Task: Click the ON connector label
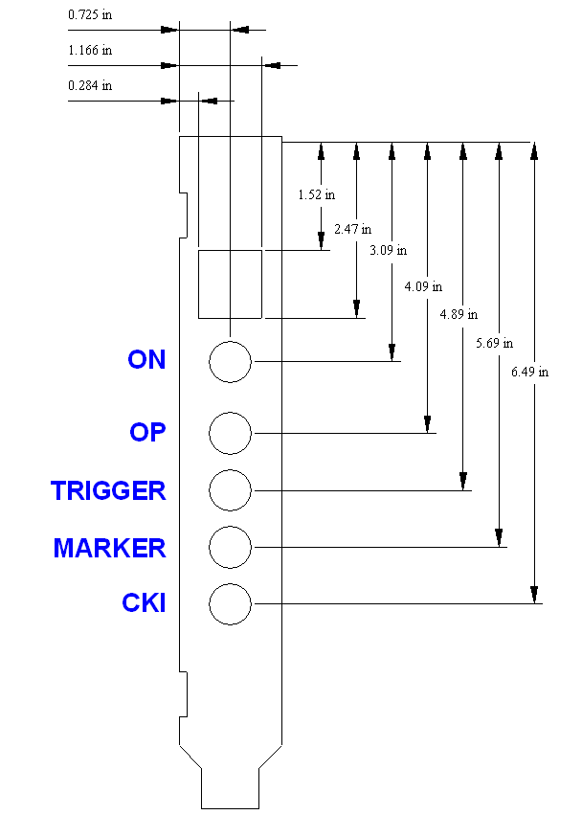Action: (146, 360)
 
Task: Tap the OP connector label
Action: (147, 432)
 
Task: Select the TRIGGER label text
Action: (108, 490)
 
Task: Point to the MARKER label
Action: (109, 548)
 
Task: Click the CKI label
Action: (144, 603)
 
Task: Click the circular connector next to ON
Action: (230, 362)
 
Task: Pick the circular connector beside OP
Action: (230, 433)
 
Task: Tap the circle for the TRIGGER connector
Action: (230, 490)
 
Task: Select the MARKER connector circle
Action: (230, 547)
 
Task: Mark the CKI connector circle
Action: (230, 603)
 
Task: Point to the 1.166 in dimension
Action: (90, 49)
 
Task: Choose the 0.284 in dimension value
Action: (90, 85)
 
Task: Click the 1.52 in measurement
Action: (316, 194)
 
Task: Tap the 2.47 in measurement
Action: (352, 230)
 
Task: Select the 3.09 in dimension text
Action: (388, 251)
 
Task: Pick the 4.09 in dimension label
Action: (423, 286)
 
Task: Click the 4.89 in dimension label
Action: (459, 314)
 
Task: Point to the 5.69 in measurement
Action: (494, 342)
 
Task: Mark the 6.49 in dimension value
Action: (529, 373)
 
